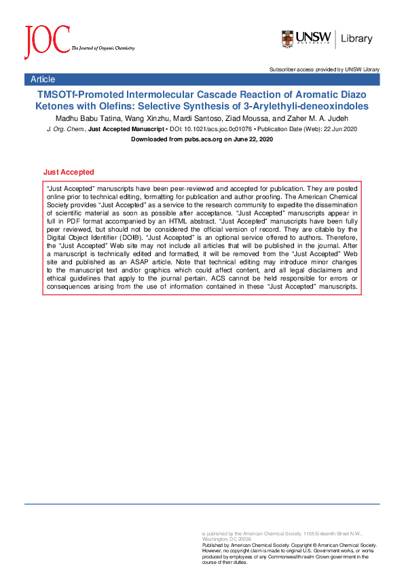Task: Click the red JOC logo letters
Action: tap(46, 42)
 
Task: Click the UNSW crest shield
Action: tap(288, 39)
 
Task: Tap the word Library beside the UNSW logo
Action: tap(356, 39)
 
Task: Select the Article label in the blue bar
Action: tap(43, 79)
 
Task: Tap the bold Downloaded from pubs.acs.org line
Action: tap(202, 139)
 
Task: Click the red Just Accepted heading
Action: tap(69, 173)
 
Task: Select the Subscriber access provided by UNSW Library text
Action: tap(324, 69)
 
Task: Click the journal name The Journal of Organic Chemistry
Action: tap(103, 48)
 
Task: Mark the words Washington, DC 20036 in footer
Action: tap(224, 539)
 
